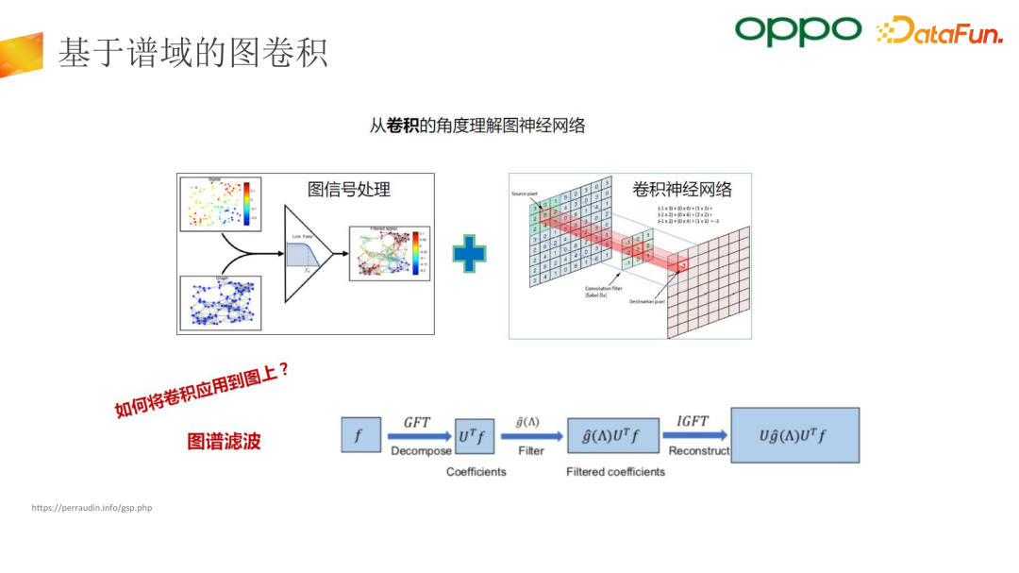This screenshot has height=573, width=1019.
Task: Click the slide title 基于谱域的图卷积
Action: point(192,53)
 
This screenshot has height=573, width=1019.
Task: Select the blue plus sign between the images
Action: point(469,254)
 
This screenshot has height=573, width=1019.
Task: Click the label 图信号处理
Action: point(349,189)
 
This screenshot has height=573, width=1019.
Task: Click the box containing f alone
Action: point(359,436)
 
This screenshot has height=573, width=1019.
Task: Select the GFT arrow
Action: point(418,436)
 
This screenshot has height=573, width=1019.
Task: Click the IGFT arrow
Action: point(693,436)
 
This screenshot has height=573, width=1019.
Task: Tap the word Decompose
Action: point(421,451)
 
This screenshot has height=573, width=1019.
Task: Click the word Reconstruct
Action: point(698,451)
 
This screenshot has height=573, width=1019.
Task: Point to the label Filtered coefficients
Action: point(615,471)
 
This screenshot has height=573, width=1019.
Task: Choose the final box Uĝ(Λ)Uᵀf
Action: point(795,435)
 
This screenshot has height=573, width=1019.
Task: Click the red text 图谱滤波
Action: point(224,441)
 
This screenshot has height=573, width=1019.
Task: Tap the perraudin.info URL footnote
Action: point(92,508)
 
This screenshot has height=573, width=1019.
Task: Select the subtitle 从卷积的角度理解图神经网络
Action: point(477,125)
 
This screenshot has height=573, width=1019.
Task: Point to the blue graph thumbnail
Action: point(220,302)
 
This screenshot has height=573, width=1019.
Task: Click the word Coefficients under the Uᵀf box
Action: point(476,471)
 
